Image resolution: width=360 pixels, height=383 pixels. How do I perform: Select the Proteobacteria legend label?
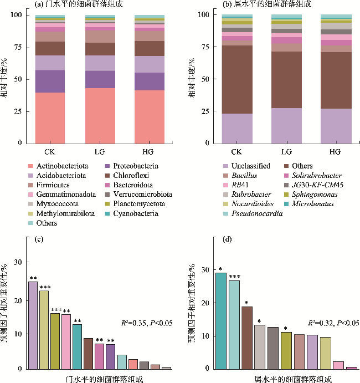click(136, 166)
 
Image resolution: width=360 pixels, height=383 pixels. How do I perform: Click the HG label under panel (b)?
click(335, 151)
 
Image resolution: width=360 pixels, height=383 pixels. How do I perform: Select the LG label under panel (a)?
click(92, 151)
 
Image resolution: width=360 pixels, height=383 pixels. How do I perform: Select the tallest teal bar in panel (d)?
click(221, 320)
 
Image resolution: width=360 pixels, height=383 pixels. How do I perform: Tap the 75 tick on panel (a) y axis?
click(16, 47)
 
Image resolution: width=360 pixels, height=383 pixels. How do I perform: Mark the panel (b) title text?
click(259, 5)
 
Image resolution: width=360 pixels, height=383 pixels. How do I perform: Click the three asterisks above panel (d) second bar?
click(234, 277)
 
